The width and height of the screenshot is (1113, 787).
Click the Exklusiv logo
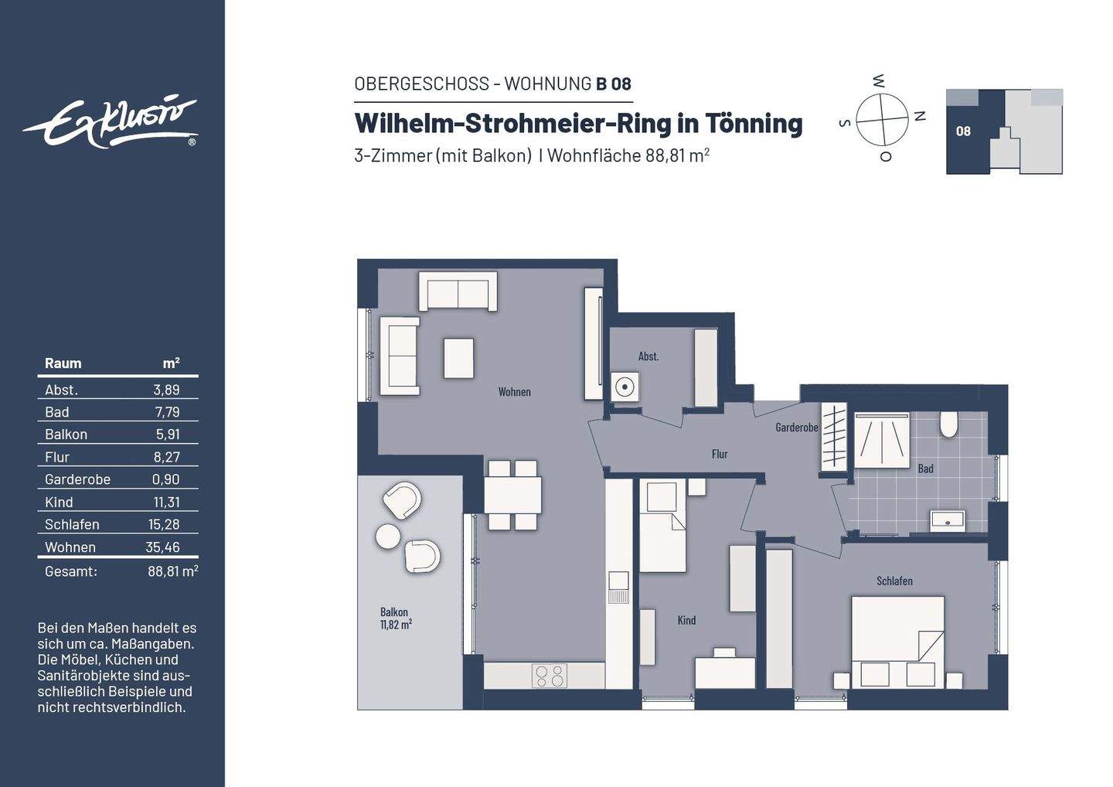click(111, 122)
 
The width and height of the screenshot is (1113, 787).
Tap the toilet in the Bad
click(948, 424)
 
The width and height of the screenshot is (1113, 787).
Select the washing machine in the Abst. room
click(624, 387)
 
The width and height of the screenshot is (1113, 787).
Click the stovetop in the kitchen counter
click(549, 676)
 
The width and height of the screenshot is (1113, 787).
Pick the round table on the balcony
click(388, 536)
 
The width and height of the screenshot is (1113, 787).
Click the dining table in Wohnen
click(512, 495)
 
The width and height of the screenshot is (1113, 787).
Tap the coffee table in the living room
click(458, 358)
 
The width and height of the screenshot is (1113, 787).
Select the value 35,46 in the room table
click(162, 547)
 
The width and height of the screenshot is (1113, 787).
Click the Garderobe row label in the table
click(77, 479)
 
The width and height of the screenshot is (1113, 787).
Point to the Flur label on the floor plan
click(720, 454)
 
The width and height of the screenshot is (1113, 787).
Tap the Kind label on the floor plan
click(686, 620)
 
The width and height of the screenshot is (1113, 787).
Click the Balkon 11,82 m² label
click(396, 618)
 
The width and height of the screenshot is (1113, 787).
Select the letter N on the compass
click(920, 116)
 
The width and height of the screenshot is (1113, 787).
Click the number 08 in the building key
click(963, 131)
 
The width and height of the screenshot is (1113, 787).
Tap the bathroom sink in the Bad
click(948, 521)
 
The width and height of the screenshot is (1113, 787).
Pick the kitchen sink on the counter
click(618, 588)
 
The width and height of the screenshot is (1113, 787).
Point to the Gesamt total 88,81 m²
click(172, 571)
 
